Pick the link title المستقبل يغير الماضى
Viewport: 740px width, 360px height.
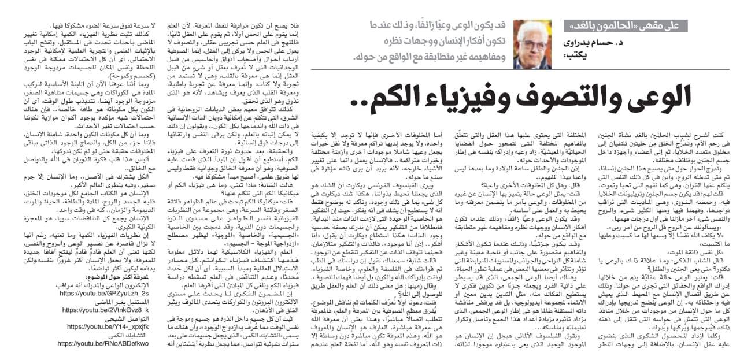(x=112, y=302)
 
